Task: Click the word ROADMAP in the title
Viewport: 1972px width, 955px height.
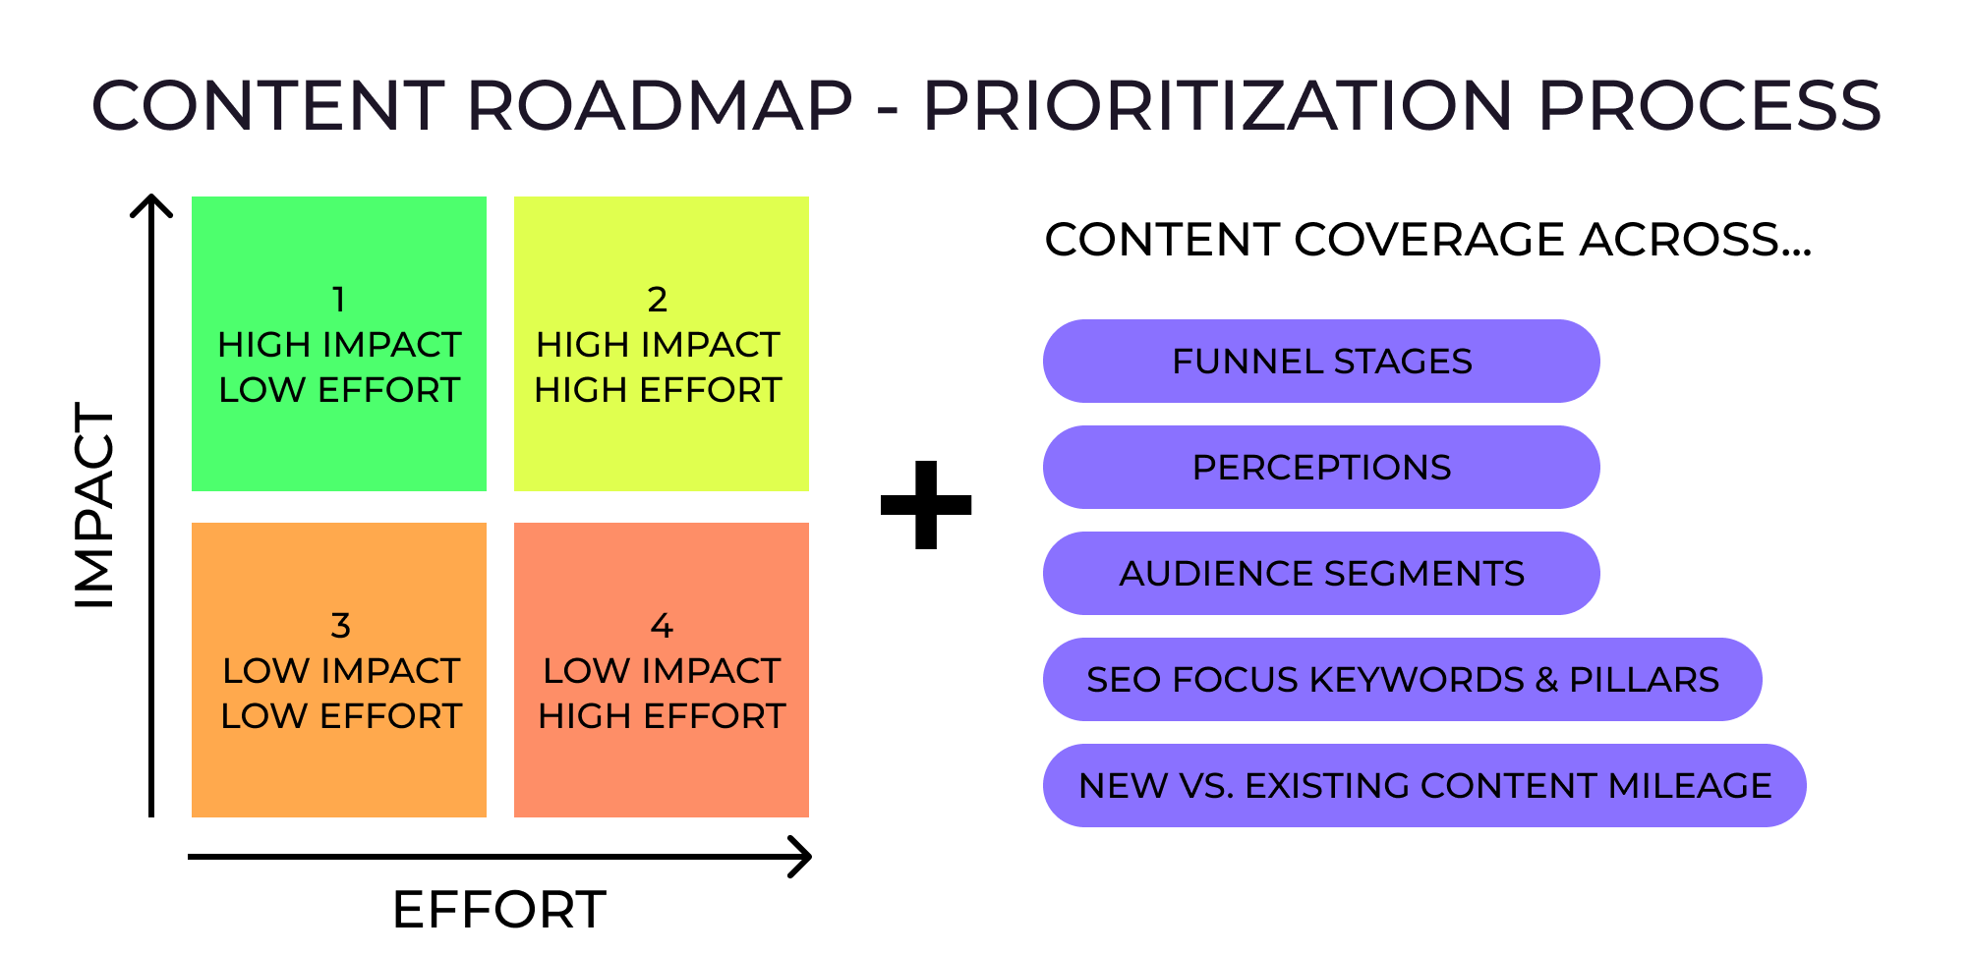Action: tap(659, 106)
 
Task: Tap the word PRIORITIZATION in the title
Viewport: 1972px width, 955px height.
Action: tap(1217, 106)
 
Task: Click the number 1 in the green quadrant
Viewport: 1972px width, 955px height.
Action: tap(338, 300)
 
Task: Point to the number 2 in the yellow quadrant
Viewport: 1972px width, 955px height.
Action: tap(658, 300)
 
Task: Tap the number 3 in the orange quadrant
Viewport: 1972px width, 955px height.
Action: tap(340, 626)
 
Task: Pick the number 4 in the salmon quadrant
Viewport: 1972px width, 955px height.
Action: tap(662, 626)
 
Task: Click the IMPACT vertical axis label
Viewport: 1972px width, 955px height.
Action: tap(95, 505)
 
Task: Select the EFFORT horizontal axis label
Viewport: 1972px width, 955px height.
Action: tap(498, 909)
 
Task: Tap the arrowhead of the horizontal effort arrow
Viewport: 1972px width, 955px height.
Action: tap(803, 857)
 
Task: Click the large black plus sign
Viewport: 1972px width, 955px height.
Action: tap(926, 505)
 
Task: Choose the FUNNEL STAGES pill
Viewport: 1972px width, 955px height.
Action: tap(1321, 362)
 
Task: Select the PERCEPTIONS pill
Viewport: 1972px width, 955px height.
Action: tap(1321, 468)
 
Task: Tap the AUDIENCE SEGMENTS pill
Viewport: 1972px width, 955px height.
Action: tap(1321, 574)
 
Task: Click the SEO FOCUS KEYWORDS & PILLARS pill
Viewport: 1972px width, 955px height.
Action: tap(1402, 680)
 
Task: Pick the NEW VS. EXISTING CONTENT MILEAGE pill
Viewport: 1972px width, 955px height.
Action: tap(1424, 786)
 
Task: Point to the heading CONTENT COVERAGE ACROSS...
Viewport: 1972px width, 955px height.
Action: tap(1427, 240)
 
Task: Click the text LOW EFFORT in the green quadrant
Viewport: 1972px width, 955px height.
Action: tap(339, 390)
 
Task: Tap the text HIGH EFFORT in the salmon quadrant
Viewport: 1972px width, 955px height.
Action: tap(662, 716)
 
